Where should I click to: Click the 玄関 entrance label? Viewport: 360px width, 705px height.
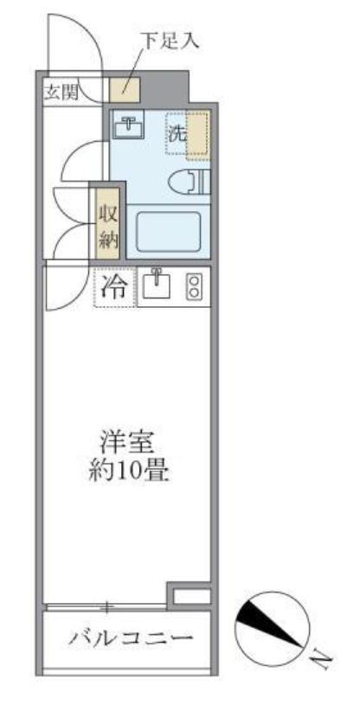(x=61, y=91)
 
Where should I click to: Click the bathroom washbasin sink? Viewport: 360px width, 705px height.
(x=130, y=126)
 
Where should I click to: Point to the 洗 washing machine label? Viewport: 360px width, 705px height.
(x=176, y=134)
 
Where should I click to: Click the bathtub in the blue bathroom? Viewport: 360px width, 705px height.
(x=169, y=230)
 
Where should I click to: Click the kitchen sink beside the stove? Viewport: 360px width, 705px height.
(x=157, y=287)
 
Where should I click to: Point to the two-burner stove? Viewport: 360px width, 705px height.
(x=195, y=287)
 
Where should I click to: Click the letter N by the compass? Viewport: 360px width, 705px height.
(x=320, y=662)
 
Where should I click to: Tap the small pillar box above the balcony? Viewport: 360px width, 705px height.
(x=189, y=595)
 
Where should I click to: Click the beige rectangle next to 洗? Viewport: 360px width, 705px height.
(x=198, y=134)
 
